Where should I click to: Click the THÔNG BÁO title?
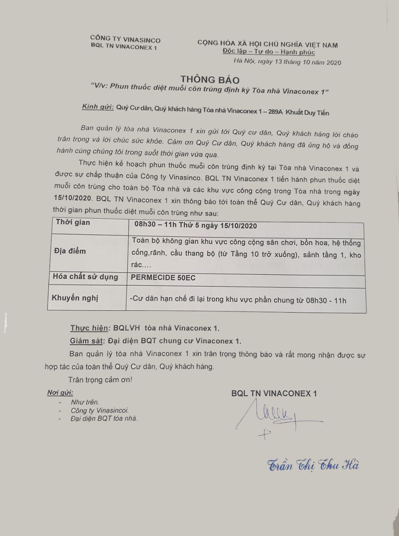(210, 80)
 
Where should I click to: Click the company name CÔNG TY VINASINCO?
(125, 40)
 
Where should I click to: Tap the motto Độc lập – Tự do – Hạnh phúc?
(269, 53)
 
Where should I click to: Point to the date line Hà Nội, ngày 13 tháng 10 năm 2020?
(287, 63)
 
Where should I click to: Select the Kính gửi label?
(97, 107)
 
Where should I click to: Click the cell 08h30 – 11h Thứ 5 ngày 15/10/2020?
(195, 226)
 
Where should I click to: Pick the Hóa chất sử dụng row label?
(85, 277)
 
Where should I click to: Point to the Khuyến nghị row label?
(75, 298)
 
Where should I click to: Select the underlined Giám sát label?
(87, 341)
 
